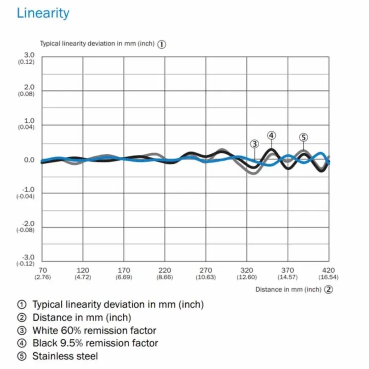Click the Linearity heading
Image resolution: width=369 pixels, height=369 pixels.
(43, 13)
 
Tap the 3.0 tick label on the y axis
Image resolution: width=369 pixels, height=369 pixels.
(29, 55)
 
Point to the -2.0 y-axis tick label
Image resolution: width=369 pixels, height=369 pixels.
(28, 223)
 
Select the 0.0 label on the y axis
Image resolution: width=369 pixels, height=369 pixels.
(29, 160)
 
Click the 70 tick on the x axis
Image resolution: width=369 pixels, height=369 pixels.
(43, 270)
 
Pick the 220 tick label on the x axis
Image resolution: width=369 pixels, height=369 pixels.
(165, 270)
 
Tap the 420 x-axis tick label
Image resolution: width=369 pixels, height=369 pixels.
(328, 270)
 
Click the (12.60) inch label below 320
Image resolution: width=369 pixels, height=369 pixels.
(246, 277)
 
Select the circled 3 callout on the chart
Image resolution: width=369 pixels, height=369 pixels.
(254, 144)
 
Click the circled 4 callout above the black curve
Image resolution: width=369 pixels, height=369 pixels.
(272, 135)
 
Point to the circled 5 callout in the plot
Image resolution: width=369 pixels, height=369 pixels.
(304, 137)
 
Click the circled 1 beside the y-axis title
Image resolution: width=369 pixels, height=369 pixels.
(162, 44)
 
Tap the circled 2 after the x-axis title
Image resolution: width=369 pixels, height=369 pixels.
(328, 290)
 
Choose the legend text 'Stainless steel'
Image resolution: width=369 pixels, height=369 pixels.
(65, 356)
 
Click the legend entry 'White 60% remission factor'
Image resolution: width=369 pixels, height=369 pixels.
(94, 330)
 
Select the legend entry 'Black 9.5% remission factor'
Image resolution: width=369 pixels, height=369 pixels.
(95, 343)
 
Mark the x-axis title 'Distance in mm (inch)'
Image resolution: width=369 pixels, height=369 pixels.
(288, 290)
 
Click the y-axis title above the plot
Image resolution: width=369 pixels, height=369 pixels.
(97, 44)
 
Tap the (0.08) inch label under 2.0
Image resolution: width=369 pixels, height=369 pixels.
(26, 94)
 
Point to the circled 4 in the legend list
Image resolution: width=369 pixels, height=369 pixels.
(22, 343)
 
